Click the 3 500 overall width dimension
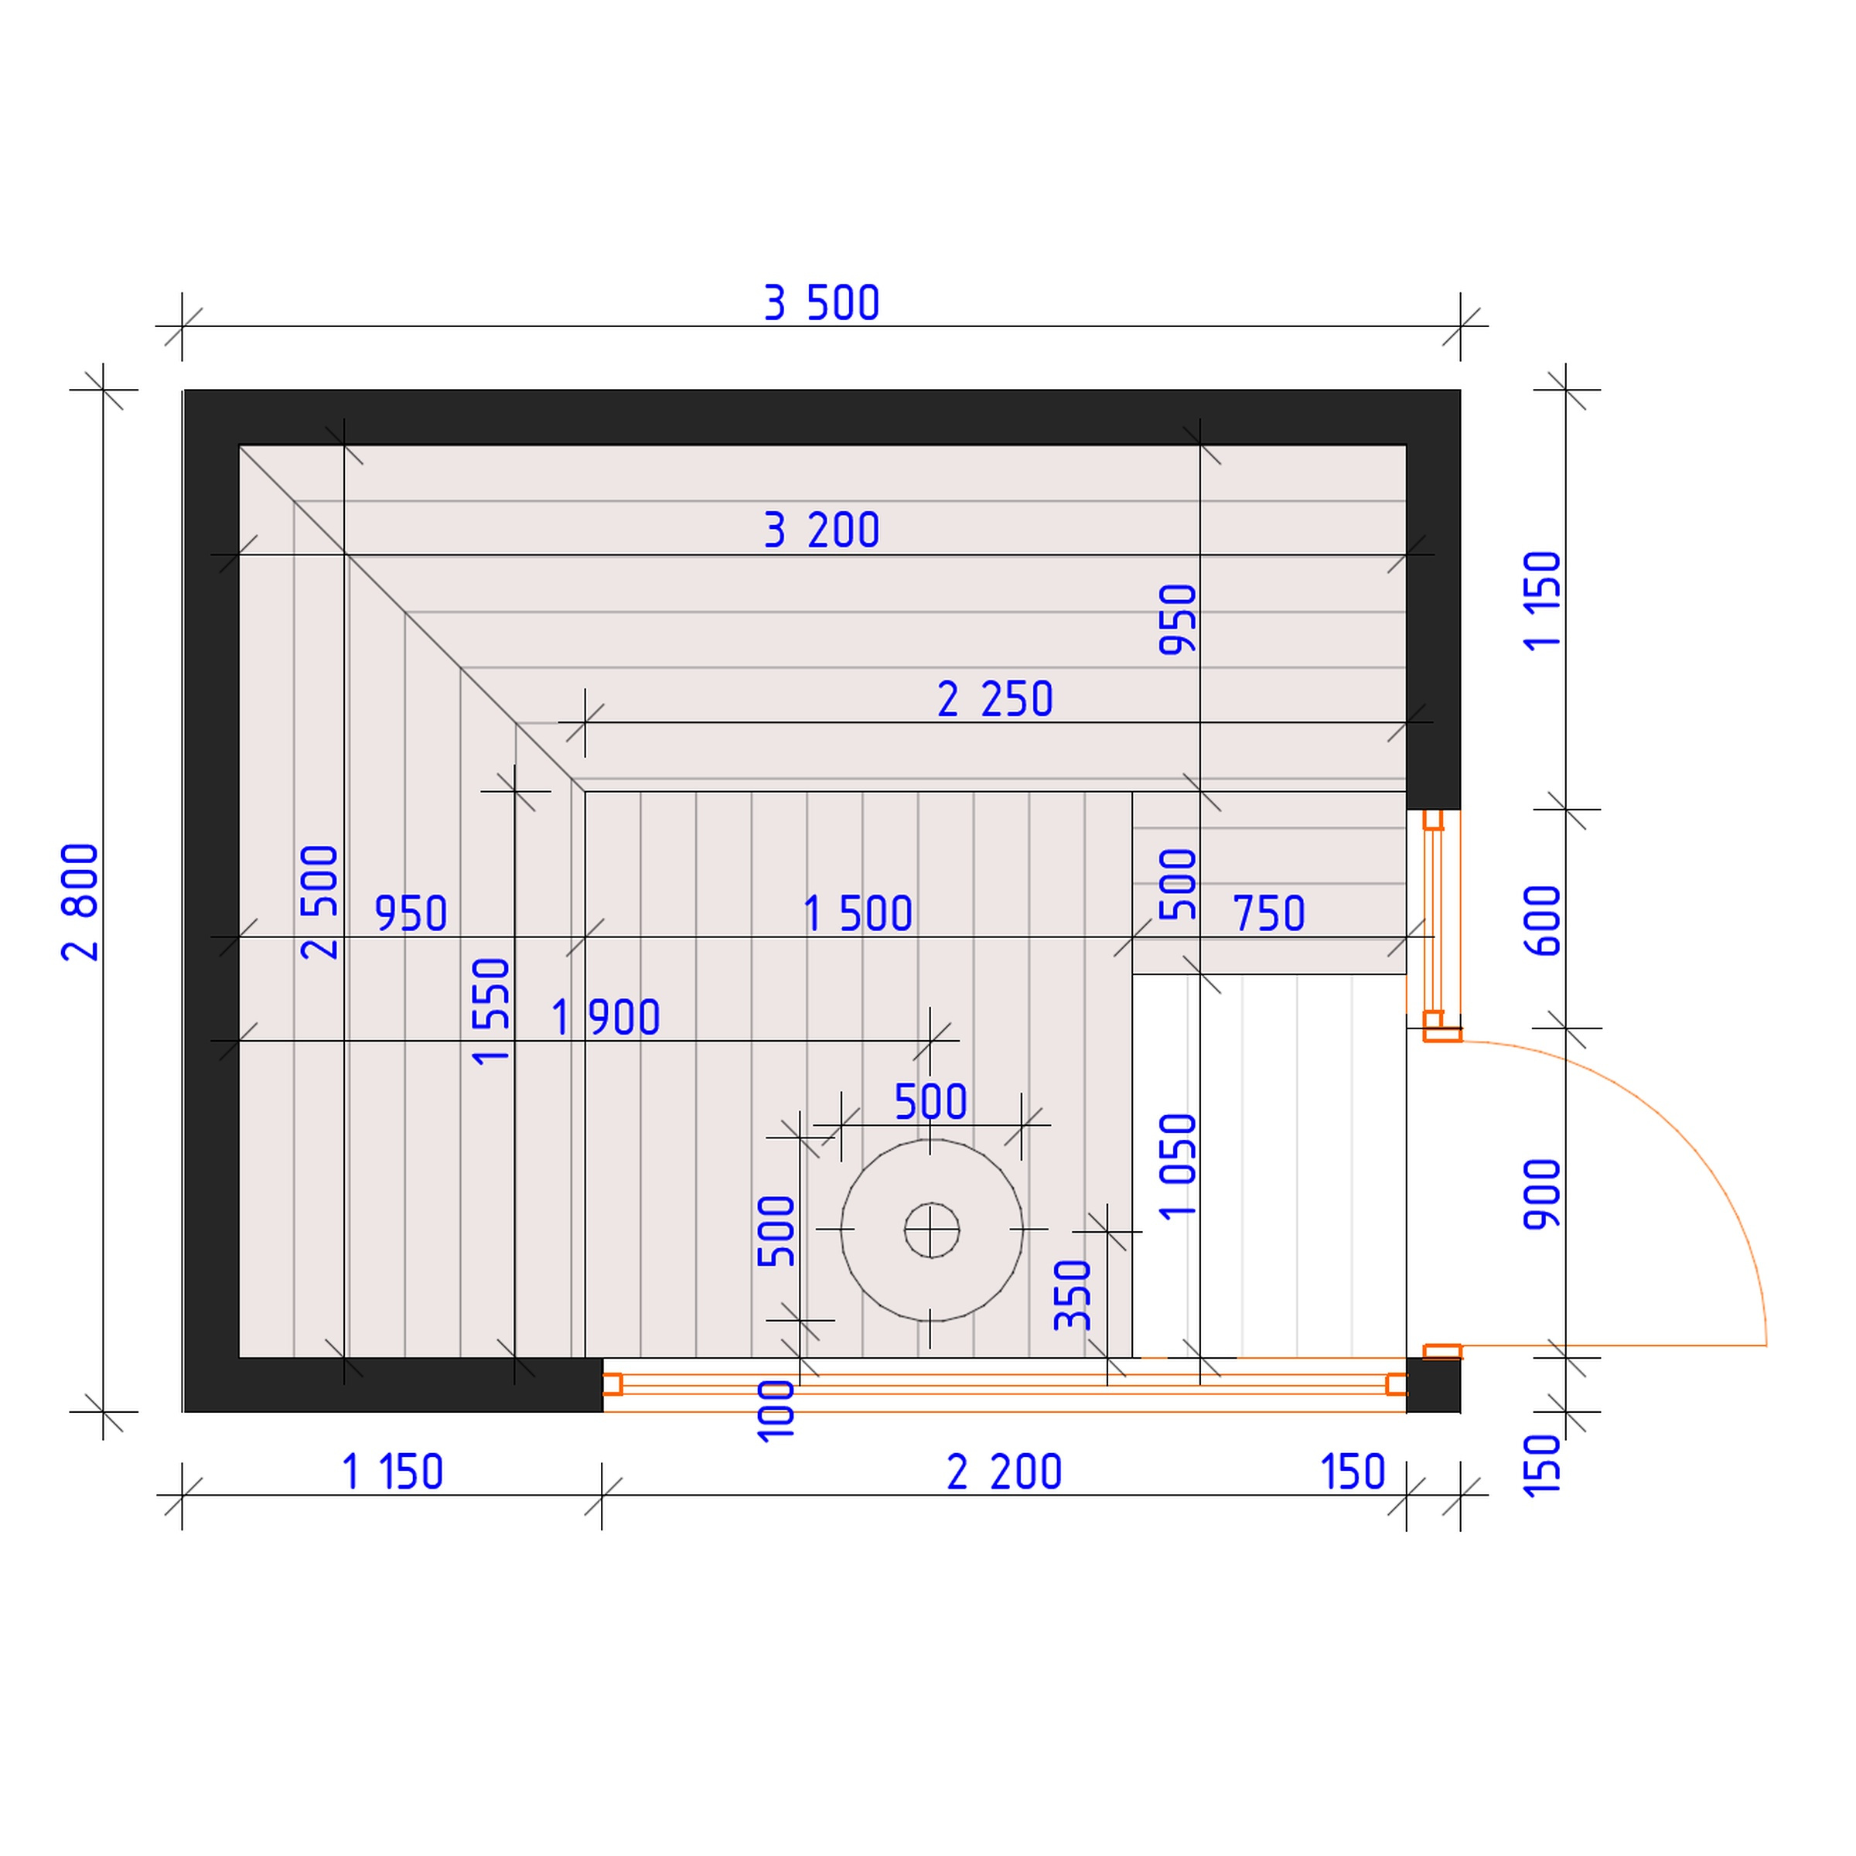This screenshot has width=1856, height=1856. (821, 304)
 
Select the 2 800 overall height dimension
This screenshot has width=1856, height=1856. (80, 902)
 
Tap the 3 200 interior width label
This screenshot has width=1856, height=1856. (821, 531)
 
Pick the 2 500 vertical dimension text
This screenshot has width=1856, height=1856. (320, 902)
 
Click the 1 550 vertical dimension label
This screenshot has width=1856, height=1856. (491, 1011)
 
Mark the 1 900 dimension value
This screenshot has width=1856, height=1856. (606, 1018)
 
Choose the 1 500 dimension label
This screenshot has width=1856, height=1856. (858, 913)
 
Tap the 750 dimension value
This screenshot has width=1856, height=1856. (1269, 913)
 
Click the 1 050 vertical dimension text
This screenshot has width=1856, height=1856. (1179, 1166)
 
